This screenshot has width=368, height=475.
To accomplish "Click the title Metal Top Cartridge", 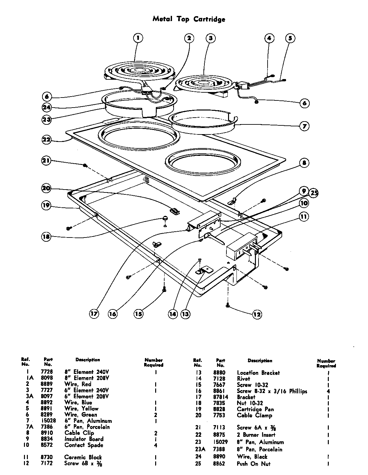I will click(189, 19).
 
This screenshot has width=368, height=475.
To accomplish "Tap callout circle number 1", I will click(138, 38).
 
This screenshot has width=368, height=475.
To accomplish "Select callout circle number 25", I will click(313, 193).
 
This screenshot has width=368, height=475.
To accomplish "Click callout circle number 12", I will click(257, 314).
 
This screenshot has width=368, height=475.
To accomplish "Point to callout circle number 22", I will click(47, 140).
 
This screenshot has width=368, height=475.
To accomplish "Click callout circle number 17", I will click(94, 314).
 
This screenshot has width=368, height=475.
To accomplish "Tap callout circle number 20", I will click(47, 188).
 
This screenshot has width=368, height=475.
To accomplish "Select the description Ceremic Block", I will click(83, 457).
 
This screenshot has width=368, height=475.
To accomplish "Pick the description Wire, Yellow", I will click(81, 409).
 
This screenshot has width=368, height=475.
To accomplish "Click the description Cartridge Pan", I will click(255, 409).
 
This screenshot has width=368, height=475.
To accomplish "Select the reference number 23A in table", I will click(198, 449).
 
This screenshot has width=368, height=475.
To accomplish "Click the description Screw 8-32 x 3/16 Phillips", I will click(272, 391).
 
